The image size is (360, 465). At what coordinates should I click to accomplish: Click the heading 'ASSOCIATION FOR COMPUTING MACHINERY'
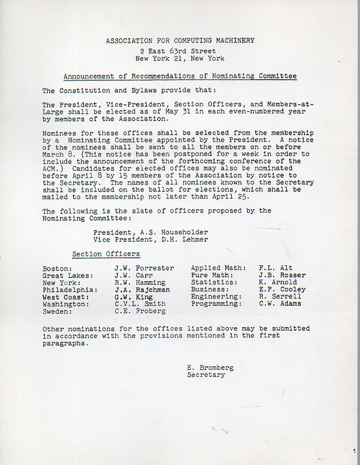pos(180,41)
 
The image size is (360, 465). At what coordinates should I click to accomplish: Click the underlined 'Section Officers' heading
pos(106,254)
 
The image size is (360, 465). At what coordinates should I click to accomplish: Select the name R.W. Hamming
pos(140,282)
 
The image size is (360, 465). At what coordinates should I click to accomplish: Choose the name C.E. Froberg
pos(140,311)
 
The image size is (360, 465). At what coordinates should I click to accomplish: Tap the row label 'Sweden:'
pos(57,311)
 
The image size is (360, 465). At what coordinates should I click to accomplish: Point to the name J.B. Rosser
pos(282,275)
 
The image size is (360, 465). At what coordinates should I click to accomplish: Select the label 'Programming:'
pos(216,304)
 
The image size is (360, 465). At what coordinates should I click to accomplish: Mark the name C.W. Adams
pos(280,304)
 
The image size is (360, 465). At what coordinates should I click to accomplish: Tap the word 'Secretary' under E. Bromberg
pos(206,375)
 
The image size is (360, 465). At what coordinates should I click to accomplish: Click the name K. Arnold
pos(277,282)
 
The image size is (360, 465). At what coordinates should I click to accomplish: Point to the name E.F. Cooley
pos(282,290)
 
